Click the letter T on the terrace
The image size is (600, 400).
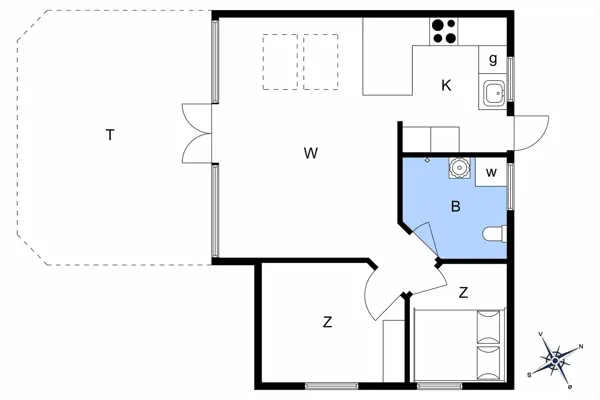(109, 135)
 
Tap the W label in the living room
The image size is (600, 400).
(311, 153)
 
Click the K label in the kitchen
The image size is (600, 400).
(446, 86)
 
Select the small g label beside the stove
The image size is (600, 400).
(493, 59)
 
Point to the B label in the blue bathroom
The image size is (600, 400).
(455, 208)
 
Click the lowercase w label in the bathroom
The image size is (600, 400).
(491, 172)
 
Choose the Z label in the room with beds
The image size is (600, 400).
(463, 293)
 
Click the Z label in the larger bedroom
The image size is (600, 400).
(327, 322)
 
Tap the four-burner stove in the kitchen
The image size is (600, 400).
(444, 31)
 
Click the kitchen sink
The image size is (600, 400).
(492, 95)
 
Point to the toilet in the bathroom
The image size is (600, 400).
(495, 235)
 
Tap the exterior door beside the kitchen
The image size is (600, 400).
(530, 132)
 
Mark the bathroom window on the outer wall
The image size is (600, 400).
(510, 184)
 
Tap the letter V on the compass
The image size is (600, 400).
(541, 335)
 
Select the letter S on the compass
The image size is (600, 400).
(528, 374)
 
